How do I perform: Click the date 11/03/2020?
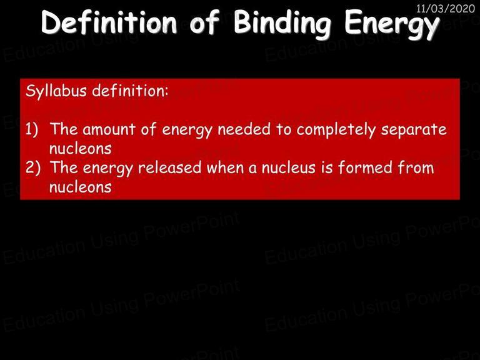click(x=446, y=8)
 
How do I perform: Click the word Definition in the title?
click(x=109, y=22)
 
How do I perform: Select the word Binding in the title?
click(x=282, y=24)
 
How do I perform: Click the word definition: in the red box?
click(x=131, y=91)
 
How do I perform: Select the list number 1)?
click(x=32, y=129)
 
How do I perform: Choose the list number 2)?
click(x=32, y=167)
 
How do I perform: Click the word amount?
click(x=109, y=129)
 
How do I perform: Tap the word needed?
click(x=244, y=129)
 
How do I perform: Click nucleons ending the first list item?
click(x=80, y=149)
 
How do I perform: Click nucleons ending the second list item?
click(x=80, y=187)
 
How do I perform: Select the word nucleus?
click(x=288, y=168)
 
